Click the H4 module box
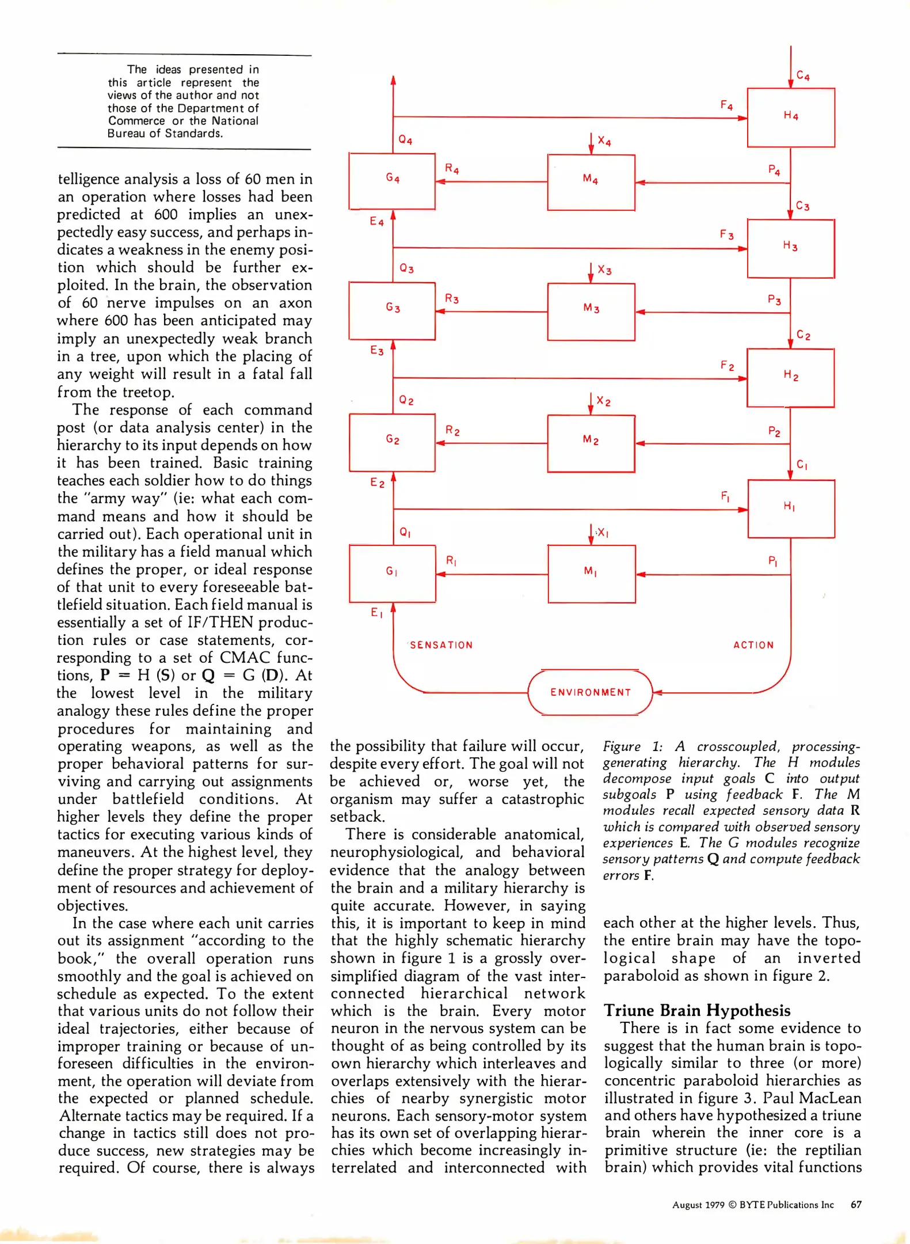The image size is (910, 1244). click(790, 117)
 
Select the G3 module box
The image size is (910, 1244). click(392, 310)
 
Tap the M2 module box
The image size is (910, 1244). click(591, 443)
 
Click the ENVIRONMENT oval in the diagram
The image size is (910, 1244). click(590, 692)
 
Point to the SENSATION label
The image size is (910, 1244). click(441, 645)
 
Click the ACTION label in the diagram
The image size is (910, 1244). click(753, 645)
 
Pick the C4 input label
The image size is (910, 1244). click(803, 75)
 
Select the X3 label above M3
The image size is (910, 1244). click(604, 270)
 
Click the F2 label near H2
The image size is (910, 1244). click(727, 366)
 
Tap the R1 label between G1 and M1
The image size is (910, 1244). click(451, 560)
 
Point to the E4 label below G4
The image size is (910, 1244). click(376, 221)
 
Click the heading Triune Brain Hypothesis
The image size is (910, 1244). click(696, 1010)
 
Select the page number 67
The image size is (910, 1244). click(856, 1204)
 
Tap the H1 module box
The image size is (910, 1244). click(791, 509)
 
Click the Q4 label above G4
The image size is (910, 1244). click(405, 140)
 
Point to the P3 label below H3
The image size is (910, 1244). click(774, 299)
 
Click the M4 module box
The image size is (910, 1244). click(591, 181)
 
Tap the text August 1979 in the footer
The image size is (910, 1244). click(698, 1205)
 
